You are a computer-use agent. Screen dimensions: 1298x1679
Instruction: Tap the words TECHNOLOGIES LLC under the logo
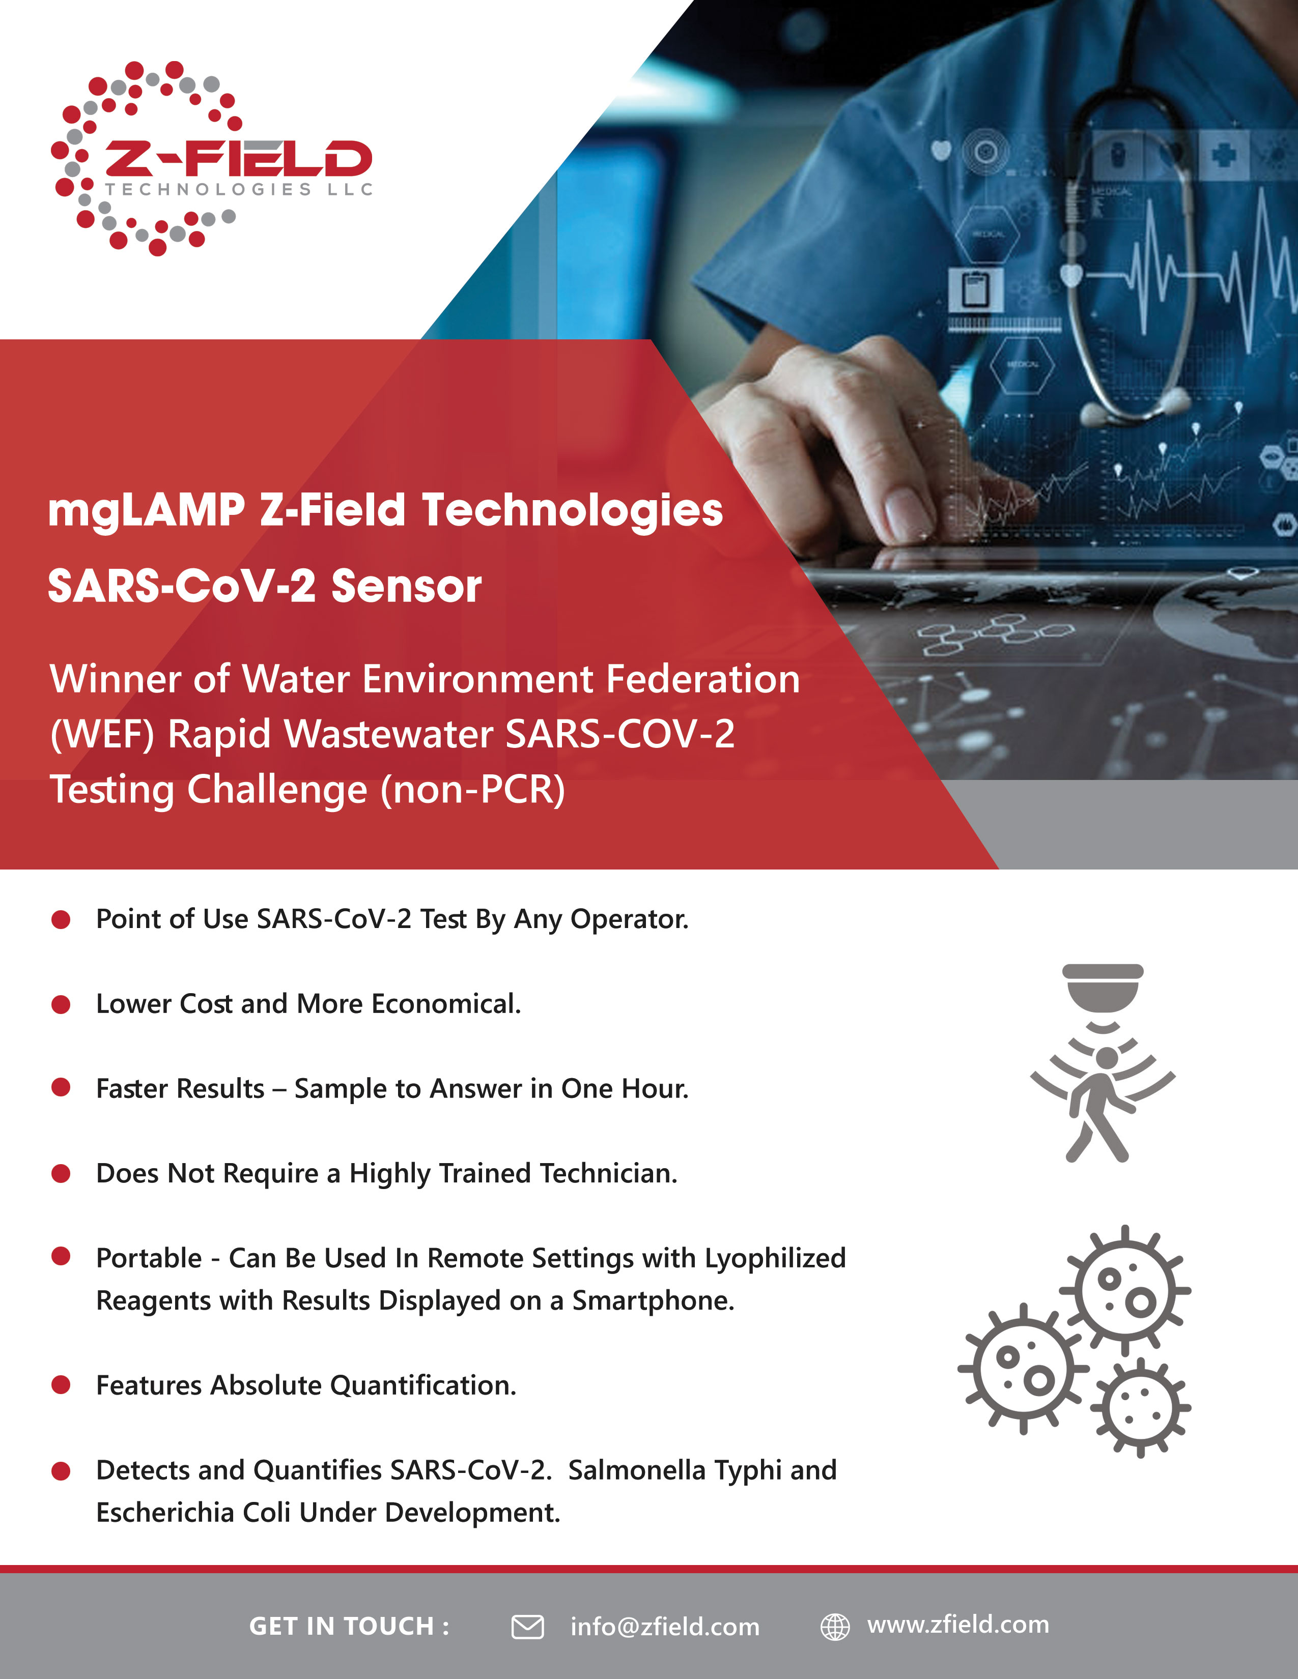point(238,189)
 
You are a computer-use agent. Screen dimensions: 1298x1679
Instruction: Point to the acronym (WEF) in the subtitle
point(102,734)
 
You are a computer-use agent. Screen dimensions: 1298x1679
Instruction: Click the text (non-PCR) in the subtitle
point(473,790)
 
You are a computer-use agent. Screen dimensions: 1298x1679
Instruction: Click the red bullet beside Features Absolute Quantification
point(61,1385)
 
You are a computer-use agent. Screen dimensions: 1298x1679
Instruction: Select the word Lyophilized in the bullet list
point(775,1258)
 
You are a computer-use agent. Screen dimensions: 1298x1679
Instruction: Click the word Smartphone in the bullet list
point(653,1301)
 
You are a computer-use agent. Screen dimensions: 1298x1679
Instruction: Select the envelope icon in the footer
point(527,1627)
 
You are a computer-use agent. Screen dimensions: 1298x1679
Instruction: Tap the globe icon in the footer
point(835,1627)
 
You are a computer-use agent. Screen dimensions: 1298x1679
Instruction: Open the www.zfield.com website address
point(958,1625)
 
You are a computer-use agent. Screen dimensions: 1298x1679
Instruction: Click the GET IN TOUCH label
point(349,1626)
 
